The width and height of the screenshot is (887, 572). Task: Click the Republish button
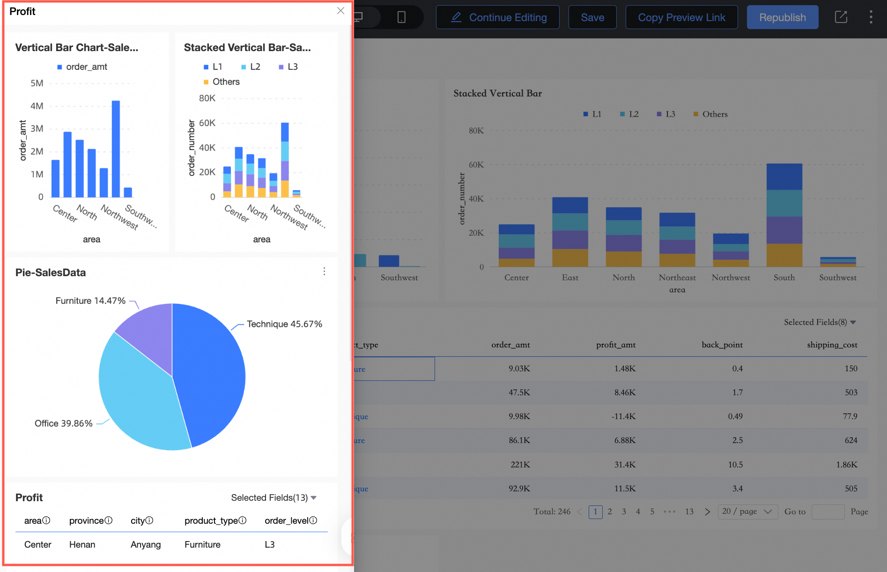point(782,17)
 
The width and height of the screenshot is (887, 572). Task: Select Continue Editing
point(498,17)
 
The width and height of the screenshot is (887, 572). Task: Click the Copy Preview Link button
point(681,17)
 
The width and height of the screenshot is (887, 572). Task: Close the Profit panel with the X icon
point(340,11)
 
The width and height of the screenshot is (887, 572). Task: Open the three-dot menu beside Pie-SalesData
point(324,271)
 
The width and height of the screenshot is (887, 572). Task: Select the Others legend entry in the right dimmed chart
point(710,114)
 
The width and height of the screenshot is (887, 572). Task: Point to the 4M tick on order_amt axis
point(37,106)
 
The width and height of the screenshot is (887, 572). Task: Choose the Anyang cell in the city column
point(146,544)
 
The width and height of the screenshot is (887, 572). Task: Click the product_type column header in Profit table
point(211,520)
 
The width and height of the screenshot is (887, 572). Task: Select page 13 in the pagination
point(689,512)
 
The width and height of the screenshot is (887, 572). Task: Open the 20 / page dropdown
point(747,512)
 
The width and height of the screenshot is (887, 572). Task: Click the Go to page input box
point(828,512)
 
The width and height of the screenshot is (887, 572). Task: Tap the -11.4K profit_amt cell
point(623,416)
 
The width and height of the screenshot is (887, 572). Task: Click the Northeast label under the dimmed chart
point(677,278)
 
